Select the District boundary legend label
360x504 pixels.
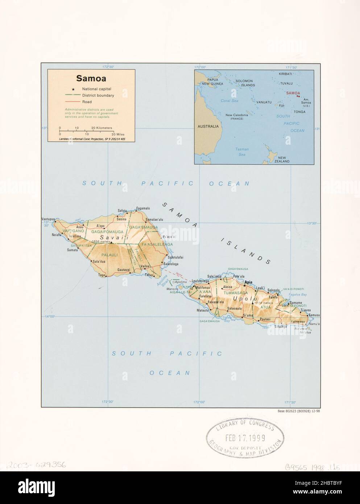pos(98,96)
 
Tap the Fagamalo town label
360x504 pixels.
pos(142,208)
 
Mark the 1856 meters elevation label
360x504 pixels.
pos(101,241)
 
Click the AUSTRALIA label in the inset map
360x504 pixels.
pos(208,127)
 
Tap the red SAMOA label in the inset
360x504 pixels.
pos(293,93)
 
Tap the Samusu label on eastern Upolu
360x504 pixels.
pos(315,315)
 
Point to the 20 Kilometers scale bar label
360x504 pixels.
pos(102,128)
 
